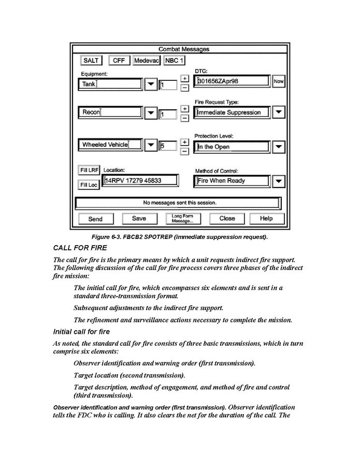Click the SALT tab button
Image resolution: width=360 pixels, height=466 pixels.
[91, 61]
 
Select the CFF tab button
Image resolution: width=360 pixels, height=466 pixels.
[119, 61]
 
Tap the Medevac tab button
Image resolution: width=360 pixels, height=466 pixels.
[147, 61]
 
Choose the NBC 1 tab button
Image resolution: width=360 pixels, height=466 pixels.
[174, 61]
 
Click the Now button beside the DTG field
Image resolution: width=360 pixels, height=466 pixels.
[279, 81]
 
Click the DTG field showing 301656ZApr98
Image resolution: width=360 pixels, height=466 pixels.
[232, 81]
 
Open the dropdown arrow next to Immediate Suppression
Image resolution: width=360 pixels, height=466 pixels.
[279, 112]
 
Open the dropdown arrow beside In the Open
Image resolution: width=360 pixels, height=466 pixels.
[279, 147]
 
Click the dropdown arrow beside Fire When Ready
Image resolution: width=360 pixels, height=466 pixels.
[279, 181]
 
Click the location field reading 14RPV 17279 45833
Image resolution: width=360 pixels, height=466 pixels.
[140, 180]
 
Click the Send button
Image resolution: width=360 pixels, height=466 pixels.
[95, 219]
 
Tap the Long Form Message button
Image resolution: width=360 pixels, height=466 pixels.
[182, 219]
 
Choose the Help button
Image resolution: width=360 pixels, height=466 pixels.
[266, 218]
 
